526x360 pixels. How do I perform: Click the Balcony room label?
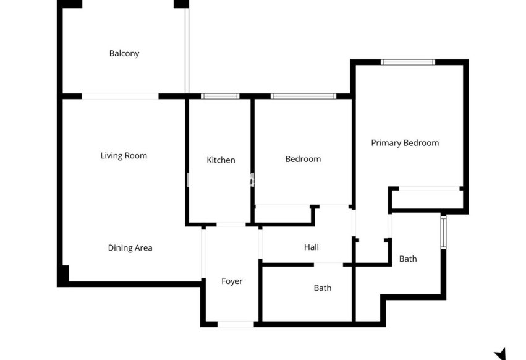point(124,53)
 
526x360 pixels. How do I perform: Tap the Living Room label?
point(124,156)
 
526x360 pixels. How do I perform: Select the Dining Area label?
point(130,248)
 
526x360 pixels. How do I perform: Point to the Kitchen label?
point(221,160)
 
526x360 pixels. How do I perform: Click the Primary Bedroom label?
point(405,143)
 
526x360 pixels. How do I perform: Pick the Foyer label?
point(232,281)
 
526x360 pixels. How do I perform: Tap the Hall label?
point(312,247)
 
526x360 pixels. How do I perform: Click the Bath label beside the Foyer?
point(322,288)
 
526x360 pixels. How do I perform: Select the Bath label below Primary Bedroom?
point(408,259)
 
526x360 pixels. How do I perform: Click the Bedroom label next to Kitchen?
point(303,159)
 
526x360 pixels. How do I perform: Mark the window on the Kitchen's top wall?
point(221,96)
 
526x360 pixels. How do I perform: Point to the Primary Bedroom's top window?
point(408,62)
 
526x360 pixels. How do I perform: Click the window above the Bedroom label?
point(303,96)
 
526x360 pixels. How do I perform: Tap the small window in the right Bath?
point(443,231)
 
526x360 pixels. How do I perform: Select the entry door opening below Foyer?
point(235,324)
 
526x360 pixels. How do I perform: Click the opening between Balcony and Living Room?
point(121,96)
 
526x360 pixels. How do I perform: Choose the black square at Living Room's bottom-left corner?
point(64,273)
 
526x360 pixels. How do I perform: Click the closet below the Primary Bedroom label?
point(427,199)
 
